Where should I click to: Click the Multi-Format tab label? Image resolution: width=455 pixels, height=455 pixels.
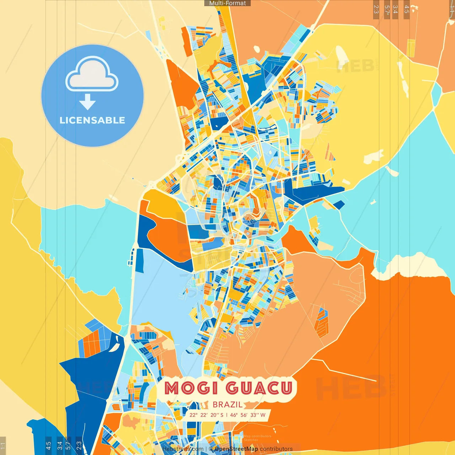pyautogui.click(x=227, y=3)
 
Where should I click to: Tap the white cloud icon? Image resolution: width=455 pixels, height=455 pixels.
pyautogui.click(x=92, y=75)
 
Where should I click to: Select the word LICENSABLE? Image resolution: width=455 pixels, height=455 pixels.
pyautogui.click(x=92, y=120)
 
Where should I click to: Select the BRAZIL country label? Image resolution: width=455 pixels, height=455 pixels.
pyautogui.click(x=227, y=405)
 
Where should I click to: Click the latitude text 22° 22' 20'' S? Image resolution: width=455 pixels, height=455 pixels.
pyautogui.click(x=207, y=415)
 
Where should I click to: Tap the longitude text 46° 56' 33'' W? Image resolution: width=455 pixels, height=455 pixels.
pyautogui.click(x=248, y=415)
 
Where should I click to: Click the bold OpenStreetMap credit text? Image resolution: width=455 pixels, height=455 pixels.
pyautogui.click(x=236, y=449)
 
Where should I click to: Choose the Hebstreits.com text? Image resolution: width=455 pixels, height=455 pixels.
pyautogui.click(x=183, y=449)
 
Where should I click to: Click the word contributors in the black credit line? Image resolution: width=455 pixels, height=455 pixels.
pyautogui.click(x=276, y=449)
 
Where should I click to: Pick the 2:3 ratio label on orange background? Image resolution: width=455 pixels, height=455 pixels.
pyautogui.click(x=376, y=9)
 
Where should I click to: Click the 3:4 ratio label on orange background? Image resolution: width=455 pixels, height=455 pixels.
pyautogui.click(x=395, y=9)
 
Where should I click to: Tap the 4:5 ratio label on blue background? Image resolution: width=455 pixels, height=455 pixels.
pyautogui.click(x=48, y=445)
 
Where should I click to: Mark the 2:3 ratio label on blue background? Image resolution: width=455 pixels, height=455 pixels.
pyautogui.click(x=79, y=445)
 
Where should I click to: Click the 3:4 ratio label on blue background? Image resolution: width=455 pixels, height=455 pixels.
pyautogui.click(x=60, y=445)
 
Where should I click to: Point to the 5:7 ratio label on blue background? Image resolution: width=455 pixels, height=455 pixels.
pyautogui.click(x=68, y=445)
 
